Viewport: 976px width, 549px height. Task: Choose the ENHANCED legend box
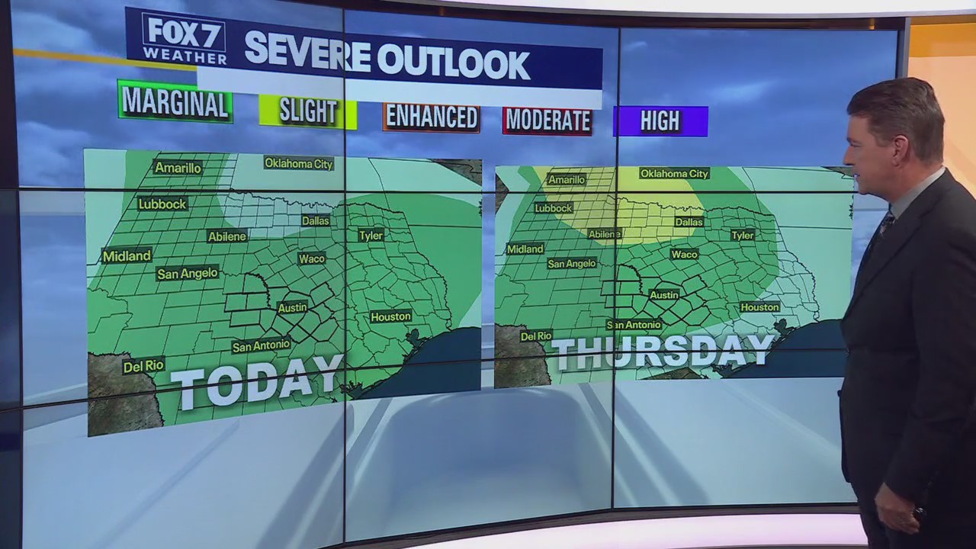pyautogui.click(x=432, y=117)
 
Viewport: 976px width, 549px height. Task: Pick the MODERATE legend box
pyautogui.click(x=547, y=120)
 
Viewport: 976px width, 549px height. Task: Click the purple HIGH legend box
pyautogui.click(x=660, y=121)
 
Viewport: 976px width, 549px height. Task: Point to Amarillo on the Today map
pyautogui.click(x=178, y=168)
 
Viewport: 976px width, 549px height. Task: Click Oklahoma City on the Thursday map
pyautogui.click(x=674, y=174)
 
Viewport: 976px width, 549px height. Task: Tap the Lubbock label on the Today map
pyautogui.click(x=162, y=204)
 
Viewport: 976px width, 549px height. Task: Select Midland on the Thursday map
pyautogui.click(x=525, y=249)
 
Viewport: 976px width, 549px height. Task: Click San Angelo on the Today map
pyautogui.click(x=188, y=273)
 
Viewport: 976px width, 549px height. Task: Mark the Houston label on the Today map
pyautogui.click(x=390, y=316)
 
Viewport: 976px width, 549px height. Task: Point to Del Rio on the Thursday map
pyautogui.click(x=536, y=335)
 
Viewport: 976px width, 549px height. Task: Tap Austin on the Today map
pyautogui.click(x=292, y=308)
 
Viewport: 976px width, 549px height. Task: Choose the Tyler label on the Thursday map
pyautogui.click(x=742, y=236)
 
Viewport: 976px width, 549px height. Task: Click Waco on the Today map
pyautogui.click(x=312, y=258)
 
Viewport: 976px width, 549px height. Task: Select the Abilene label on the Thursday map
pyautogui.click(x=605, y=234)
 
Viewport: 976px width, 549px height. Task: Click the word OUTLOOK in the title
pyautogui.click(x=453, y=63)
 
